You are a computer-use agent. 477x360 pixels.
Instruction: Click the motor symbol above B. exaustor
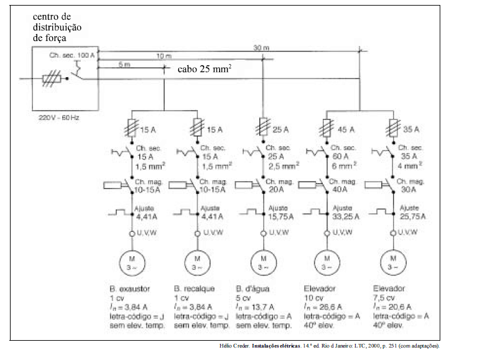click(x=132, y=262)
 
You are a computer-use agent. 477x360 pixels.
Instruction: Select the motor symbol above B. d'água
click(x=264, y=262)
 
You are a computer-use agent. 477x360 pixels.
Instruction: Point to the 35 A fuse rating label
click(x=409, y=130)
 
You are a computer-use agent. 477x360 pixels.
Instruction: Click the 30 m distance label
click(x=262, y=48)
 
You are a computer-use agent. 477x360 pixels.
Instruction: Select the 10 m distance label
click(x=164, y=55)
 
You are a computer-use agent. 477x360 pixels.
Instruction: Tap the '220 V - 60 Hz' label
click(x=58, y=116)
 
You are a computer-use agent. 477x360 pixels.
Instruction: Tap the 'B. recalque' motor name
click(x=195, y=288)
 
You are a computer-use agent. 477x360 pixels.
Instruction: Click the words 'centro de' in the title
click(x=53, y=16)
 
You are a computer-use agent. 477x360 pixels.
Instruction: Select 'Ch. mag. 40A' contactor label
click(x=342, y=185)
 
